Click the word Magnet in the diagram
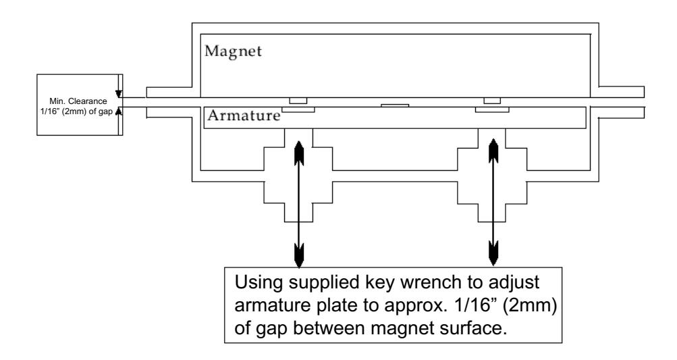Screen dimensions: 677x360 pyautogui.click(x=233, y=51)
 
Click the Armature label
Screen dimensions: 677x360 pyautogui.click(x=244, y=115)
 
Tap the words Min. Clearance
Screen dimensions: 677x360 pyautogui.click(x=78, y=101)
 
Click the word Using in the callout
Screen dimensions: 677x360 pyautogui.click(x=259, y=283)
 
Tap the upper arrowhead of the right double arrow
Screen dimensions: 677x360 pyautogui.click(x=493, y=150)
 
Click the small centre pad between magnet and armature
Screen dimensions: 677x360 pyautogui.click(x=395, y=105)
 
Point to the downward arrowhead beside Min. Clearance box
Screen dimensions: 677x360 pyautogui.click(x=119, y=94)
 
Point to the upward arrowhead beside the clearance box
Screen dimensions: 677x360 pyautogui.click(x=119, y=111)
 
